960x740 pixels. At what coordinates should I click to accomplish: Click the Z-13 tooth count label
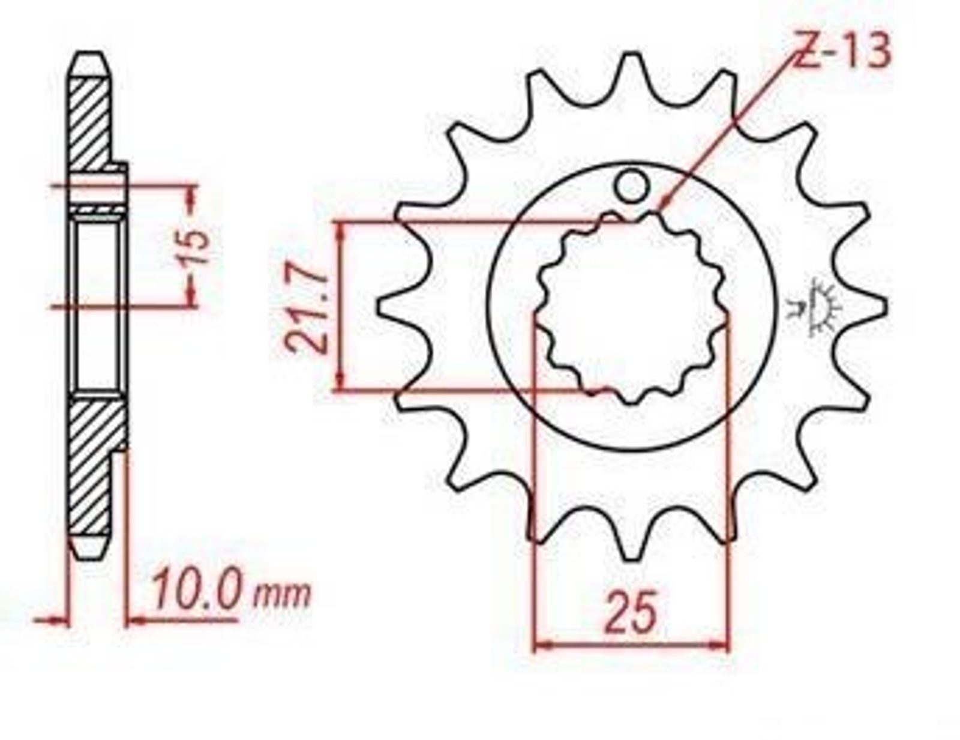click(x=839, y=51)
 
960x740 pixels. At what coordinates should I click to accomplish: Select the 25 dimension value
click(x=631, y=612)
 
